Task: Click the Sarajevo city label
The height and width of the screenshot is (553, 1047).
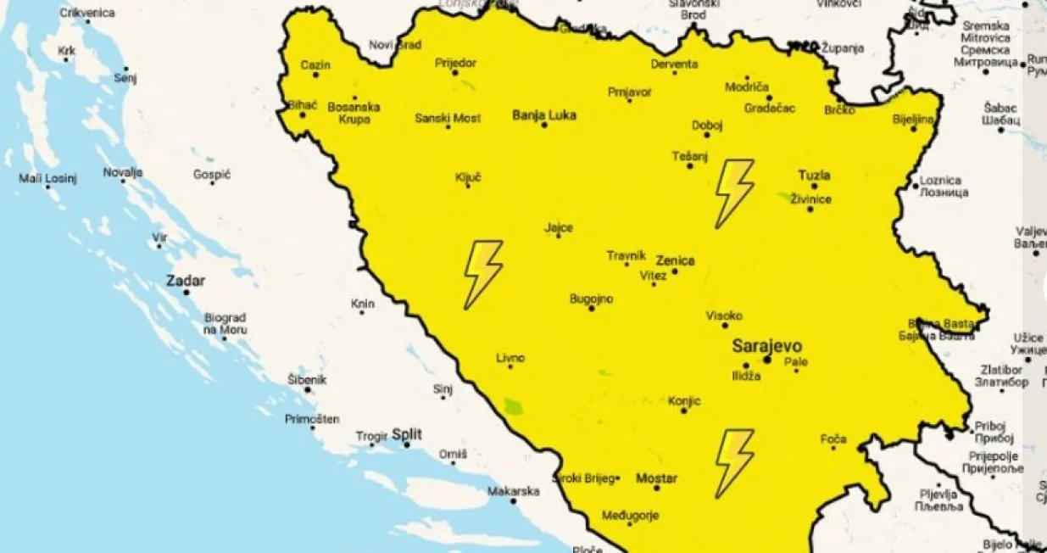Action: (766, 346)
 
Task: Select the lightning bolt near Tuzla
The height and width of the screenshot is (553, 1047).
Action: (733, 193)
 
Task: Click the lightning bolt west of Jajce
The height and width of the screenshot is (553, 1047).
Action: (482, 273)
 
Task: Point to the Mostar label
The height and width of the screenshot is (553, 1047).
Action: (656, 478)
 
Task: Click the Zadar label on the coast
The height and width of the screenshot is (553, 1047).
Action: (184, 280)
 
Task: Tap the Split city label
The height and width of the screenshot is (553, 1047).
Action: (407, 434)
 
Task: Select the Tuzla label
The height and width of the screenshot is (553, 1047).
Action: (814, 176)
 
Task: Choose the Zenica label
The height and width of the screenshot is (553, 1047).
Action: (675, 260)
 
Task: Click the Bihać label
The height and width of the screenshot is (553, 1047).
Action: (303, 105)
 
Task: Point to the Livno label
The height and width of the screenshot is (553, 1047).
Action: (510, 357)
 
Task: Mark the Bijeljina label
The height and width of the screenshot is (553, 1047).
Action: (913, 119)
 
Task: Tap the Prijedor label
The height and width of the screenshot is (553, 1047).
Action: (456, 63)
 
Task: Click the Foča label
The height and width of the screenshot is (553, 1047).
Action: (833, 438)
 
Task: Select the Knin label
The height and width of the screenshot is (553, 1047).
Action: (362, 304)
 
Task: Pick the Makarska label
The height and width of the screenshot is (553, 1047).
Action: (513, 491)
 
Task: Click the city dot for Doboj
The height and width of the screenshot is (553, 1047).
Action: (706, 135)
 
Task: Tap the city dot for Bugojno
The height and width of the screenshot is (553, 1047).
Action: (592, 308)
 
